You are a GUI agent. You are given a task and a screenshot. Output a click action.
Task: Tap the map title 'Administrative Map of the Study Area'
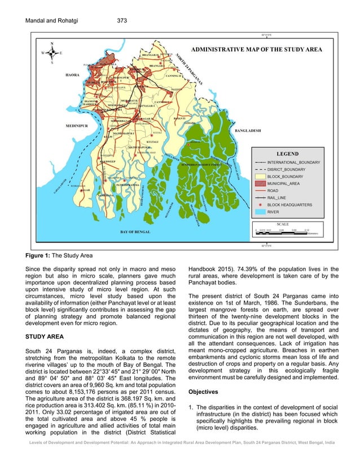pyautogui.click(x=257, y=50)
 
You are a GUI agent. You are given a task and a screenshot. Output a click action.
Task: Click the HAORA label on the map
pyautogui.click(x=72, y=74)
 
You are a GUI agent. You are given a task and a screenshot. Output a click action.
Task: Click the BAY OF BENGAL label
pyautogui.click(x=136, y=232)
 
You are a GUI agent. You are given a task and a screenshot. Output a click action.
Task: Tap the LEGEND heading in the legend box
pyautogui.click(x=287, y=153)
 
